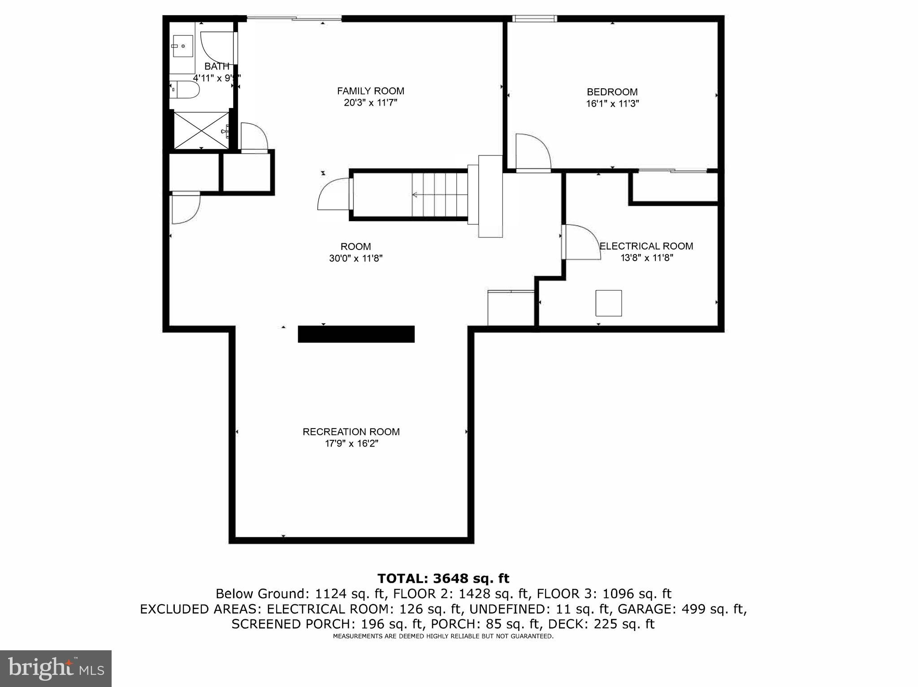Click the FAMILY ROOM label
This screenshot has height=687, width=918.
370,91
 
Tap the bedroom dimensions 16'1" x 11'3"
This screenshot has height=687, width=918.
612,103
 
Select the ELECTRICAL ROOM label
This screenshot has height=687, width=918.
646,246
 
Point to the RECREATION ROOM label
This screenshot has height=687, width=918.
351,432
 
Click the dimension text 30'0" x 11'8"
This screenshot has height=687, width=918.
355,258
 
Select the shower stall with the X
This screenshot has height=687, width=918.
201,130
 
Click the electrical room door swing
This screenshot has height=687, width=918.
582,242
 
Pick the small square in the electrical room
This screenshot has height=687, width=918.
608,303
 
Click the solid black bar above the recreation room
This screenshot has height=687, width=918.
356,334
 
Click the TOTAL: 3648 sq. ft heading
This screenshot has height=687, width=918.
443,578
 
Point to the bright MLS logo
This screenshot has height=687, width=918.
56,669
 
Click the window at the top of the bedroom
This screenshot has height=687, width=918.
534,18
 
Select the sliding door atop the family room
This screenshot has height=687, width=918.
294,18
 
